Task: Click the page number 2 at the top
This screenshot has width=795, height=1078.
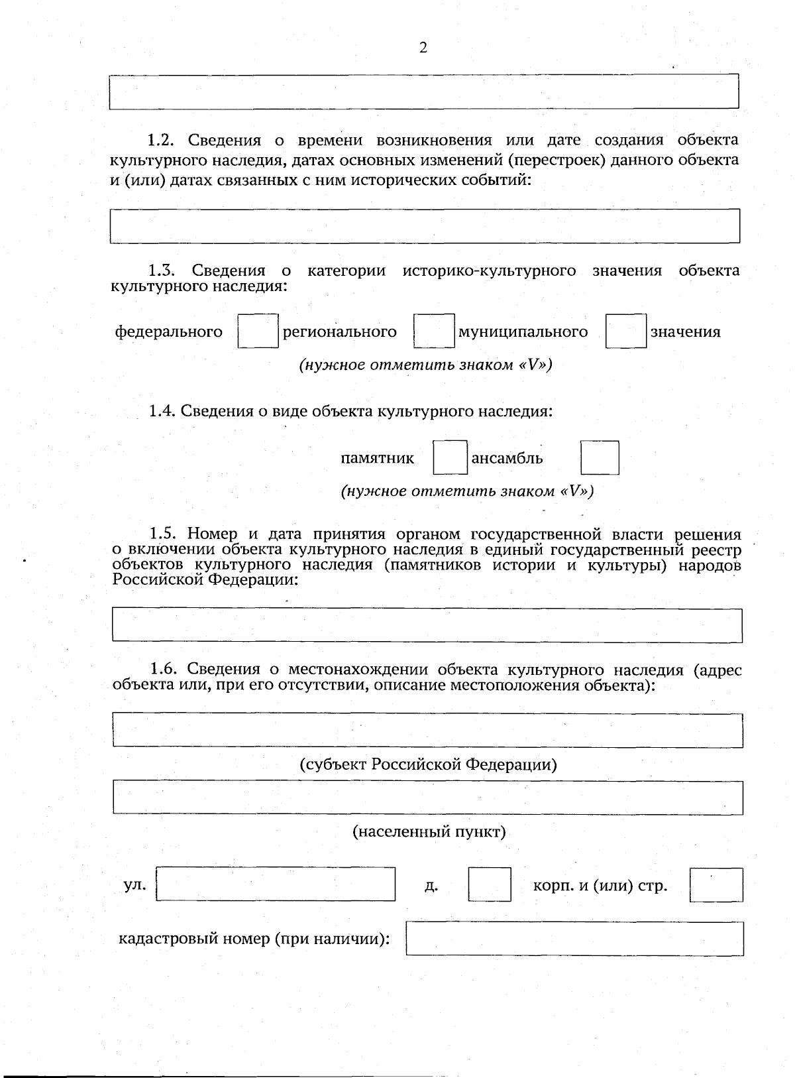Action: point(423,47)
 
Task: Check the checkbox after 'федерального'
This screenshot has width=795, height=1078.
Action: point(258,331)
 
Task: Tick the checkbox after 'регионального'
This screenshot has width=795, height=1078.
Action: point(434,331)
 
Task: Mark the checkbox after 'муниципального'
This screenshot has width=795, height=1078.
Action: point(625,331)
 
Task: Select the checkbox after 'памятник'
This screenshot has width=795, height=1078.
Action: point(450,457)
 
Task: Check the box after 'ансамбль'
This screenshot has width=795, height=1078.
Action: point(600,457)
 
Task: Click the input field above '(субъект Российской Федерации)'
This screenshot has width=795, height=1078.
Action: point(427,730)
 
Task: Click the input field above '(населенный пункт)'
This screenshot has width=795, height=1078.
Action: point(427,797)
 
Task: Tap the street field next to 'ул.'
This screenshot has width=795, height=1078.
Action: point(276,884)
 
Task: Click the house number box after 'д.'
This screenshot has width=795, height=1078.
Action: point(489,884)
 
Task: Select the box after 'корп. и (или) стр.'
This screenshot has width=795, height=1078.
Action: point(715,885)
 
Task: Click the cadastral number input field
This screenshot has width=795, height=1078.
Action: point(574,938)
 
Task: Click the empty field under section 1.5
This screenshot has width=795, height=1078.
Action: point(427,625)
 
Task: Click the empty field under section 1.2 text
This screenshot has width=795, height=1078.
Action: point(425,226)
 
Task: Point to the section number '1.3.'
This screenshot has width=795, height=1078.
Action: point(161,270)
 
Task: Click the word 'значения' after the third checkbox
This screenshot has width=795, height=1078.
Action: point(685,331)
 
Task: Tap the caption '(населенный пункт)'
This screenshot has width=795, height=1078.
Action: point(429,831)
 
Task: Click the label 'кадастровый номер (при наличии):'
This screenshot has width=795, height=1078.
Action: point(254,939)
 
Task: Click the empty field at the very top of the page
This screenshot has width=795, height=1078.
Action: point(424,91)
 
